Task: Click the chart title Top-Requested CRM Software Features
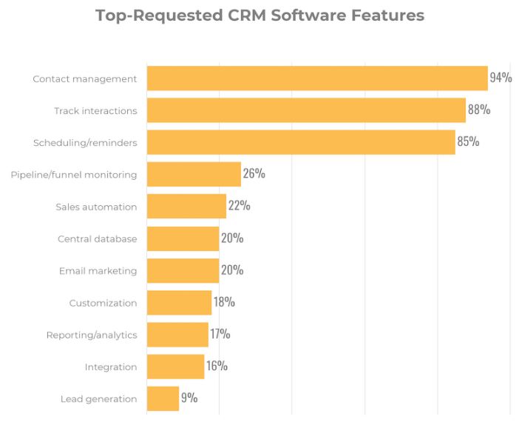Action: [260, 16]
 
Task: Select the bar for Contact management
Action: [317, 78]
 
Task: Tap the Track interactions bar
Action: [306, 110]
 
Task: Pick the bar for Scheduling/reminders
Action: [301, 142]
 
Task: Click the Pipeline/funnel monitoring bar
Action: [194, 174]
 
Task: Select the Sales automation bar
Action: [186, 207]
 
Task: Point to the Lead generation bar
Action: [163, 398]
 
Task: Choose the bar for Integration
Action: [175, 367]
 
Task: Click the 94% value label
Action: [501, 77]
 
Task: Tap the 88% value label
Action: [478, 110]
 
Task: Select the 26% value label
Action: [254, 173]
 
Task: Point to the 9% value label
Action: [189, 398]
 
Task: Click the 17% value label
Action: [220, 334]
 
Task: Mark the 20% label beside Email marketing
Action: [231, 270]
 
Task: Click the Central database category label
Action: [97, 239]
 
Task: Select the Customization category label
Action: [103, 303]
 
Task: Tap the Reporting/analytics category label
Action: [92, 335]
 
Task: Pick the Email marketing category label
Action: [98, 271]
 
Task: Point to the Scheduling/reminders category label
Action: [85, 143]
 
